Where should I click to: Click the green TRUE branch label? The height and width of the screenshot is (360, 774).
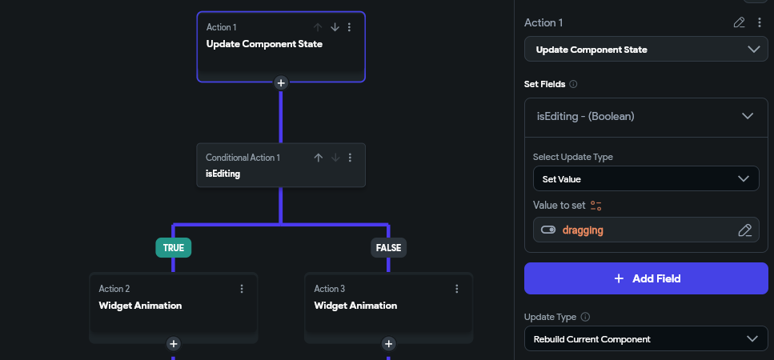click(173, 247)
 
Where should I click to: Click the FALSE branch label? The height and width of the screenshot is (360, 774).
click(388, 247)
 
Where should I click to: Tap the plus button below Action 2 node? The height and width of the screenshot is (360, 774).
click(173, 344)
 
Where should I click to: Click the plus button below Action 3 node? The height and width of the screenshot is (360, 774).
click(388, 344)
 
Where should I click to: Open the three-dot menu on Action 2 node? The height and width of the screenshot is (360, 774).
click(242, 289)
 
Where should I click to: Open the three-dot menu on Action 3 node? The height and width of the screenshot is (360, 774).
click(456, 289)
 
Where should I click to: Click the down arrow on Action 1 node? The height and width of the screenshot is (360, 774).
click(335, 27)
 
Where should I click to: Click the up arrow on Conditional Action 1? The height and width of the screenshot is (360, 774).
click(319, 158)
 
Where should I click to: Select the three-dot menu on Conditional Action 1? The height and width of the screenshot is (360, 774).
click(350, 158)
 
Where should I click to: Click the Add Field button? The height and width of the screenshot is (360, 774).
click(646, 278)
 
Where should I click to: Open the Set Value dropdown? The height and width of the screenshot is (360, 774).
click(646, 178)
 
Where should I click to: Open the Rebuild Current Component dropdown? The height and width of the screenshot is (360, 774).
click(646, 338)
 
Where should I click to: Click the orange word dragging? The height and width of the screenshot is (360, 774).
click(583, 230)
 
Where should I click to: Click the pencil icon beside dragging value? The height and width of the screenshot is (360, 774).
click(745, 230)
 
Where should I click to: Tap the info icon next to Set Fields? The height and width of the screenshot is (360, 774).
click(573, 84)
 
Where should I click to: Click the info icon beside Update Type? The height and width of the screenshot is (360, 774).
click(585, 317)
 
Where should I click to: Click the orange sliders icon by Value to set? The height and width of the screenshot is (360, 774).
click(596, 206)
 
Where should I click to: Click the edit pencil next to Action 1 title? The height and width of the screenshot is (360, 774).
click(739, 22)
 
